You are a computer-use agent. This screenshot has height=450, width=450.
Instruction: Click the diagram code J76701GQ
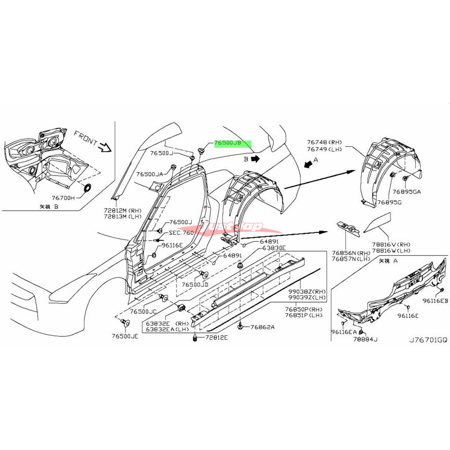click(429, 341)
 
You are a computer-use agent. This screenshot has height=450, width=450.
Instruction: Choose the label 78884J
click(365, 339)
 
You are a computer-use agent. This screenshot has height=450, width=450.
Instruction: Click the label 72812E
click(216, 337)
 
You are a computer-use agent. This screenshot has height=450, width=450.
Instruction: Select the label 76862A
click(262, 326)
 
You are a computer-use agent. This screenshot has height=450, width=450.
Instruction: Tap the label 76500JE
click(125, 336)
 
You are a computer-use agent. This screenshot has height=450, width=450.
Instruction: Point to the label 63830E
click(272, 248)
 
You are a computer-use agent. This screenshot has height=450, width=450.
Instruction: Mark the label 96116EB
click(436, 301)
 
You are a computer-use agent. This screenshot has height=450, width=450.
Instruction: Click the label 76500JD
click(194, 285)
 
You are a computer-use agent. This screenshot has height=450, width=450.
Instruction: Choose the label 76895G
click(389, 202)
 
